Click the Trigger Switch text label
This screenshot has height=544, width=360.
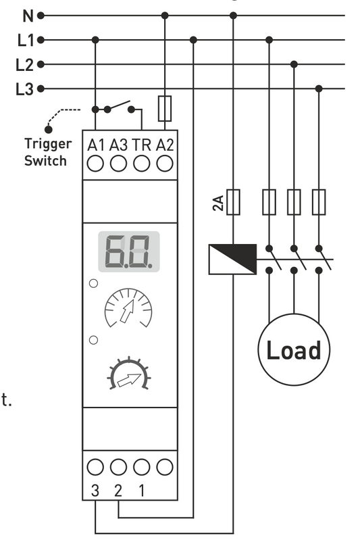(46, 152)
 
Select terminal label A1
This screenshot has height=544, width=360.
(96, 144)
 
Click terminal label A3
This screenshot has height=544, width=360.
(118, 144)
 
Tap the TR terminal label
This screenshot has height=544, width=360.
(141, 144)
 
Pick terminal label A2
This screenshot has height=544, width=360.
(164, 144)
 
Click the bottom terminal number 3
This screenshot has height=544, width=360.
(95, 490)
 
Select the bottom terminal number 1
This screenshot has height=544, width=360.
(141, 490)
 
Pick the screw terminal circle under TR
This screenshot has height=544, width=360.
(141, 163)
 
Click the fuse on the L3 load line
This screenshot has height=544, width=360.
(319, 202)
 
